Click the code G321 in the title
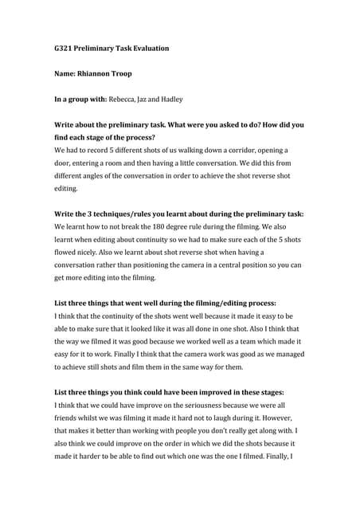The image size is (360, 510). [x=65, y=49]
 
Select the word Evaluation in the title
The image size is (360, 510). [x=148, y=49]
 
